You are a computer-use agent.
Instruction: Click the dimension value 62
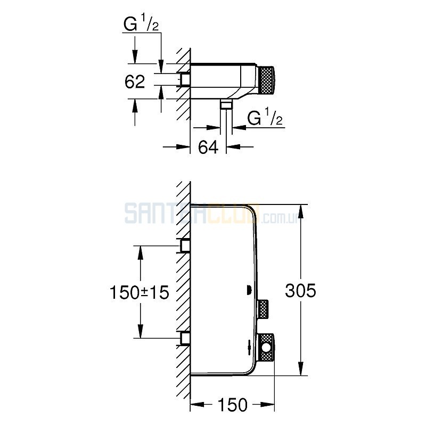(135, 81)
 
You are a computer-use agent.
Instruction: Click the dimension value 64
(208, 148)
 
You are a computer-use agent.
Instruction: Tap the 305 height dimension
(300, 290)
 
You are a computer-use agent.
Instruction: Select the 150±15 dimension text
(139, 292)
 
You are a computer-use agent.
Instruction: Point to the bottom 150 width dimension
(233, 405)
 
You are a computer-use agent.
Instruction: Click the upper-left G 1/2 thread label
(141, 24)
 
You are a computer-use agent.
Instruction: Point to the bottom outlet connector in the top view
(226, 104)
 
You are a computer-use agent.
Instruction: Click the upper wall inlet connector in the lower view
(184, 245)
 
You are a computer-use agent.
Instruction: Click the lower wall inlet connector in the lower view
(184, 338)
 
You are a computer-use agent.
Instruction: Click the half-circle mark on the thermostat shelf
(248, 290)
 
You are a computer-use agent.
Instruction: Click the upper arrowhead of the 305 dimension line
(301, 211)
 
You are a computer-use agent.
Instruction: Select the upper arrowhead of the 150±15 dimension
(141, 252)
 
